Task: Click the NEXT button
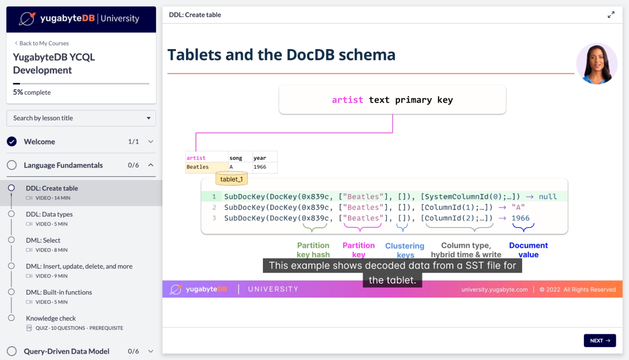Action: (599, 340)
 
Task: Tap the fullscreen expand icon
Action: (611, 15)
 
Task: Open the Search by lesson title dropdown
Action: (81, 118)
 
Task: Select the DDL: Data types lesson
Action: (49, 214)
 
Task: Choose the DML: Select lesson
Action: (43, 241)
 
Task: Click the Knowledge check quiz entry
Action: (51, 319)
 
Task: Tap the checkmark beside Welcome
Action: (12, 141)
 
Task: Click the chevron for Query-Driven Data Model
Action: (151, 351)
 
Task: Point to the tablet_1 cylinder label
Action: (231, 179)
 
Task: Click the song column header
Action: (236, 158)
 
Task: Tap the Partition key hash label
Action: (313, 250)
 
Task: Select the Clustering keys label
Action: (405, 250)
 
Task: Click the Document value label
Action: (528, 250)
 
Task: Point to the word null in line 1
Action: (548, 197)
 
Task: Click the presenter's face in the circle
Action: (596, 63)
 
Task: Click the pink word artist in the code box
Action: (347, 100)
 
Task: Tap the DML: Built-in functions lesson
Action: (59, 292)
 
